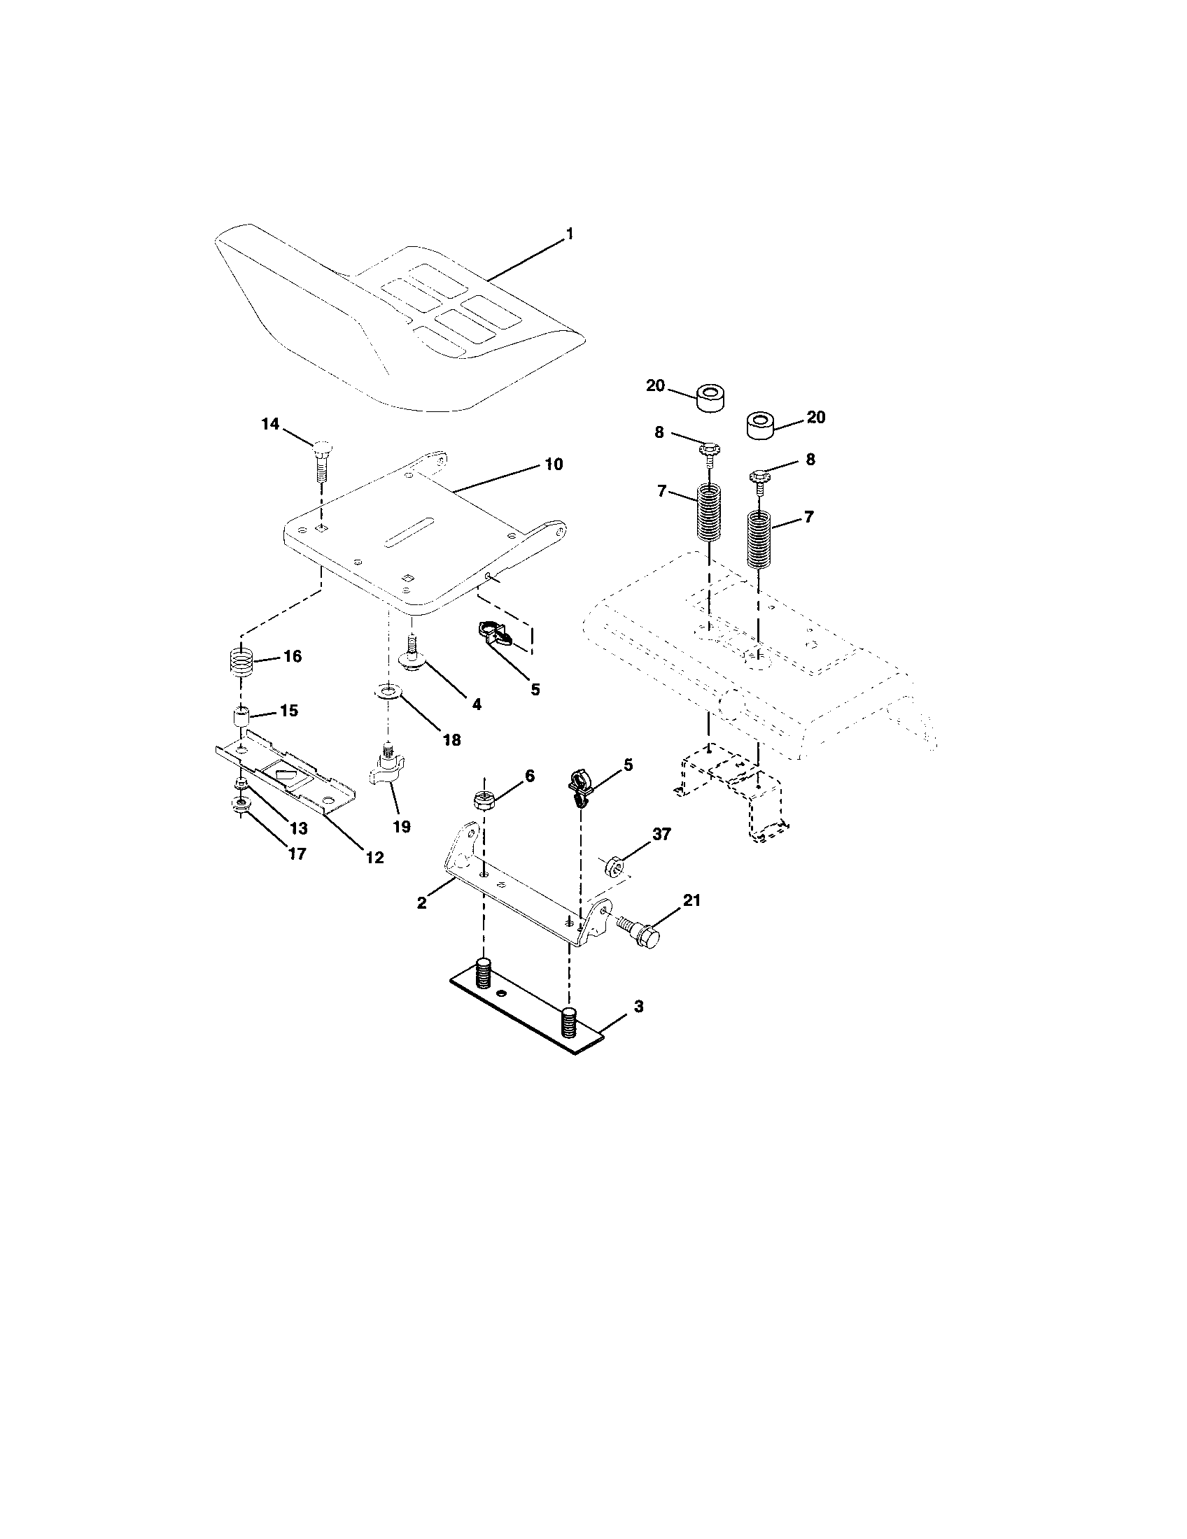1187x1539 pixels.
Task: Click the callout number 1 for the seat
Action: [570, 234]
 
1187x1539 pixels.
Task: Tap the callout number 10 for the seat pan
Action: [554, 464]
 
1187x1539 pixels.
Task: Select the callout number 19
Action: [401, 826]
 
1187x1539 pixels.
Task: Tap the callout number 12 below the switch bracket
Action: [374, 857]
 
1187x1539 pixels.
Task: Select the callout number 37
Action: [661, 835]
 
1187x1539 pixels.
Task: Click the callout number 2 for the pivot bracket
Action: [421, 902]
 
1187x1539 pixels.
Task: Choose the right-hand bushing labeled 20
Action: [761, 426]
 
